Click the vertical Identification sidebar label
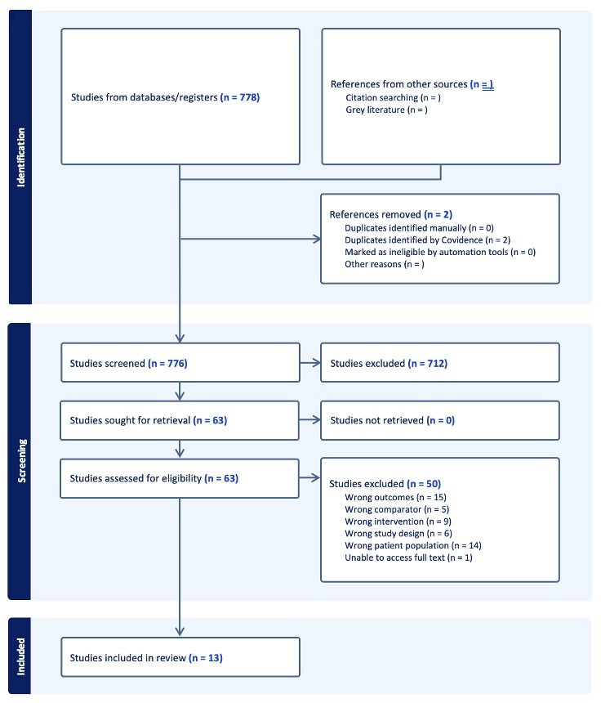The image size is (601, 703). tap(20, 158)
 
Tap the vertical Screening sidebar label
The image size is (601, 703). tap(21, 460)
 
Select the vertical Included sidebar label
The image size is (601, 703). tap(21, 656)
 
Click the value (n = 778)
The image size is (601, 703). tap(240, 97)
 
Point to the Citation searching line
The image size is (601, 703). tap(394, 98)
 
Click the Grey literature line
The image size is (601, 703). tap(386, 110)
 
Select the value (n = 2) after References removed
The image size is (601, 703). tap(438, 214)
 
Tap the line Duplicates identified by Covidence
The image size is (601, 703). tap(428, 240)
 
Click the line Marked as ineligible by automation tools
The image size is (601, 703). tap(440, 252)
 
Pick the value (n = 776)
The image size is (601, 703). tap(167, 363)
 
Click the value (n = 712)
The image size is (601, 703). tap(428, 363)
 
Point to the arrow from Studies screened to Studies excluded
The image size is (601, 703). tap(310, 363)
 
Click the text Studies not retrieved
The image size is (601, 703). tap(376, 420)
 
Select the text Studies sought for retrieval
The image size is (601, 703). tap(131, 420)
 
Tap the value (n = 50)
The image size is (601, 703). tap(424, 484)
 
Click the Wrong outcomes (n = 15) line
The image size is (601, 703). tap(395, 497)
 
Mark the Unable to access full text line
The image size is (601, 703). tap(408, 557)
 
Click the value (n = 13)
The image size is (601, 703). tap(206, 658)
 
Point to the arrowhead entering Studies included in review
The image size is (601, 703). tap(180, 632)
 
